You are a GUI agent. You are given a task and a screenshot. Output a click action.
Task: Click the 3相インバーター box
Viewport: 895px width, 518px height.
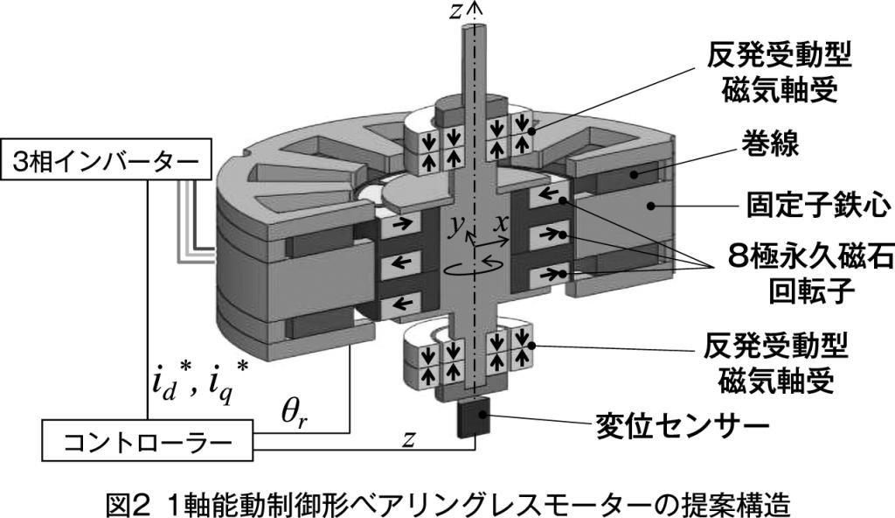(x=108, y=163)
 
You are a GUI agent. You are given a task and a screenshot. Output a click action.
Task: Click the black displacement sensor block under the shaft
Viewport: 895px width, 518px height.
(x=475, y=418)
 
